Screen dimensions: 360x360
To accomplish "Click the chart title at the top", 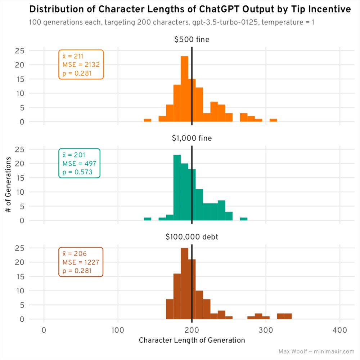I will click(x=189, y=10).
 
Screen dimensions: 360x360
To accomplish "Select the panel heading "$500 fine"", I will click(x=192, y=40).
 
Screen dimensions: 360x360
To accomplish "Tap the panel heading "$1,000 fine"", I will click(x=192, y=138).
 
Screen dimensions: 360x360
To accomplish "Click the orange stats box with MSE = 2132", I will click(x=81, y=65).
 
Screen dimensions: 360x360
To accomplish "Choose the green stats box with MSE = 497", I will click(x=79, y=163).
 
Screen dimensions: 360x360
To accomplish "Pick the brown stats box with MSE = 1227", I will click(x=81, y=262).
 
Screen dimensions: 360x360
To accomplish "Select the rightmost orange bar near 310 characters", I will click(x=273, y=120).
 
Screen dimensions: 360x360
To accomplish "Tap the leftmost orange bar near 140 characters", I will click(x=147, y=120).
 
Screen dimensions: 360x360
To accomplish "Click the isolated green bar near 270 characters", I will click(x=244, y=219).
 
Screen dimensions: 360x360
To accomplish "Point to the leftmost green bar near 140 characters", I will click(x=147, y=219).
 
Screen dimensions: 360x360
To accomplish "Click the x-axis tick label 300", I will click(x=266, y=330).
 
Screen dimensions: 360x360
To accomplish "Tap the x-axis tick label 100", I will click(x=118, y=330).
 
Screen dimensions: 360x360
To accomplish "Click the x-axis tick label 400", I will click(x=340, y=330).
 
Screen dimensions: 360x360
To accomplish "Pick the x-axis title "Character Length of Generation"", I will click(x=192, y=340).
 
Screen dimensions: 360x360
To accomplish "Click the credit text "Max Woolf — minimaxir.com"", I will click(x=316, y=351).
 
